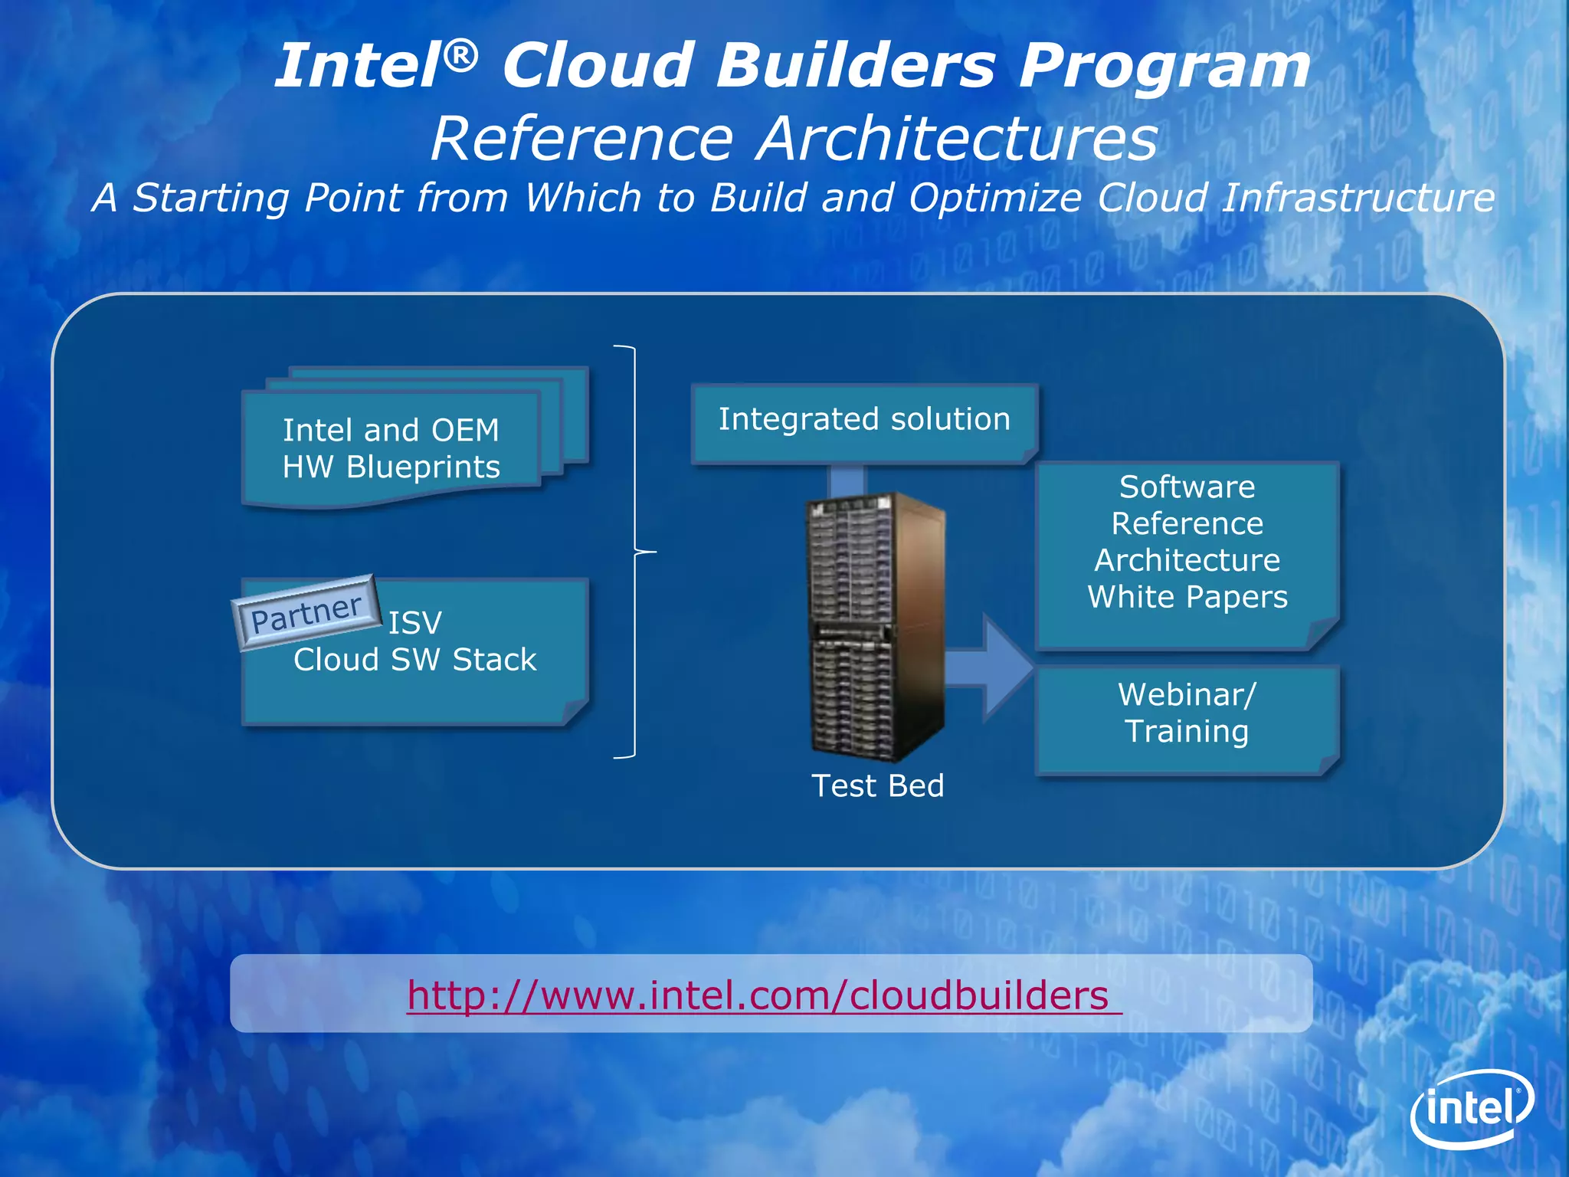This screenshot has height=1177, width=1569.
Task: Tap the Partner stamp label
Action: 306,613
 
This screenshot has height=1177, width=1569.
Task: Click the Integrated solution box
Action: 863,421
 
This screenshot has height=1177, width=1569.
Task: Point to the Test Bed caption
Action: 877,786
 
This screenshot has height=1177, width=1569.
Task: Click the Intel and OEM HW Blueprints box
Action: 391,449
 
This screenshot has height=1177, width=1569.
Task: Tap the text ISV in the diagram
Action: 414,623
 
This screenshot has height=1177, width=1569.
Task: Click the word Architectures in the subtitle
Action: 958,139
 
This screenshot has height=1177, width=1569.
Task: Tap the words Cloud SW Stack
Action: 414,660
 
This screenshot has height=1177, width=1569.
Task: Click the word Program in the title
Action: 1164,67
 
